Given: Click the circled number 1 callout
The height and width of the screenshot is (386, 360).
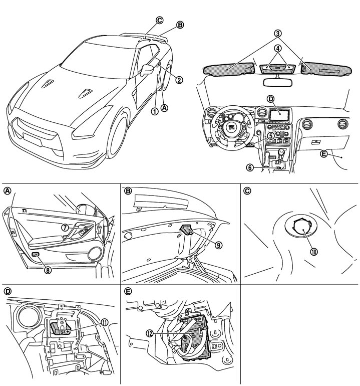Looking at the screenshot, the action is coord(155,111).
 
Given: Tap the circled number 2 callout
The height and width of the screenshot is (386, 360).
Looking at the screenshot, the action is coord(180,80).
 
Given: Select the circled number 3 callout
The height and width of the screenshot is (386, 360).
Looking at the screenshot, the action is coord(277,33).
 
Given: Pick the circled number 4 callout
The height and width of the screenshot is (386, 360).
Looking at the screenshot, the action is coord(277,49).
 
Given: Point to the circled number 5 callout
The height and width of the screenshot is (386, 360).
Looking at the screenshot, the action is coord(271,135).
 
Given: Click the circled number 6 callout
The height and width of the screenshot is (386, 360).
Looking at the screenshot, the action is coord(250,167).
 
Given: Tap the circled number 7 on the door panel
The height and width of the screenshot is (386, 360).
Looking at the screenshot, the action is coord(65,228).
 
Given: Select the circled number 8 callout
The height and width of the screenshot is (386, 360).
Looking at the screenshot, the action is coord(48,270).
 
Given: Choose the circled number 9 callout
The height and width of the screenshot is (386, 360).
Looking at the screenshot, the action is coord(218,245).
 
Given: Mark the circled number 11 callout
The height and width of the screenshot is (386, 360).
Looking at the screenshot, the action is coord(105,322).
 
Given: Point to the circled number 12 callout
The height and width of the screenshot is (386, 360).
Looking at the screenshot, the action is coord(150,333).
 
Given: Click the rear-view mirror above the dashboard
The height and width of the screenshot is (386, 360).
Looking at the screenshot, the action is coord(277,82).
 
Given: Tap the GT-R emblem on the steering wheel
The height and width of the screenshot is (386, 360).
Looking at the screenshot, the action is coord(232,127).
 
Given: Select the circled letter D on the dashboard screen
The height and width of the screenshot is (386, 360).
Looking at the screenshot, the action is coord(270,99).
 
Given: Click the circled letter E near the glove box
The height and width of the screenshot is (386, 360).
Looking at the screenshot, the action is coord(324,154).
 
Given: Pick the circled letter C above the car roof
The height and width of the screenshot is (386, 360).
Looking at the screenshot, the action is coord(159,21).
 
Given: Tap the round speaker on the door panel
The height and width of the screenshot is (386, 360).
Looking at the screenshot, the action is coord(95,254).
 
